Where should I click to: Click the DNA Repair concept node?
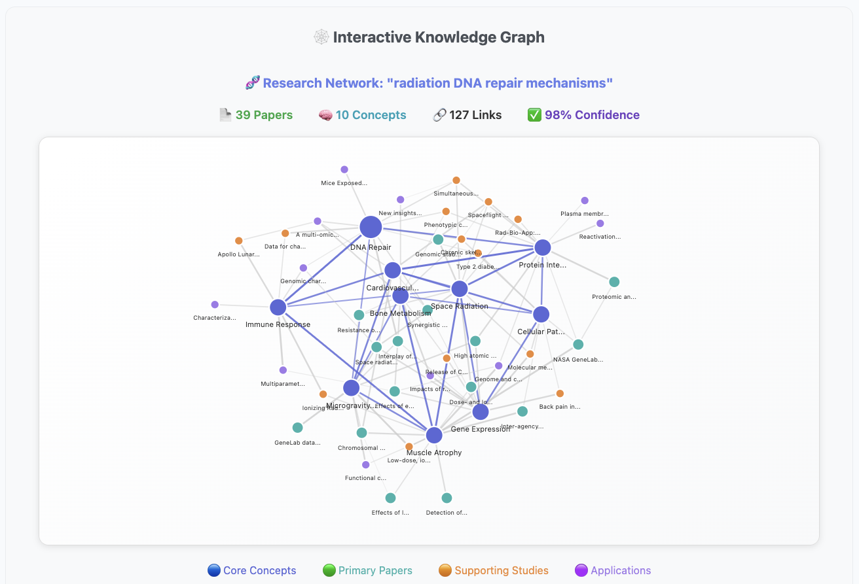point(371,228)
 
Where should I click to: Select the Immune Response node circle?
point(278,307)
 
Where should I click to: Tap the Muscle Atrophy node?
point(434,435)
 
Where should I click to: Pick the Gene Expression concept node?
point(481,412)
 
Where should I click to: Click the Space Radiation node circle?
point(460,289)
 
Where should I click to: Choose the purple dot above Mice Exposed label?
point(344,169)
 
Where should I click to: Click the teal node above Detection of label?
point(447,498)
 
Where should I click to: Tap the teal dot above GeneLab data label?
point(298,428)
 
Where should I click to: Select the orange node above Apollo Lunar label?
point(239,241)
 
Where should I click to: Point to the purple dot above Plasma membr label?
point(585,201)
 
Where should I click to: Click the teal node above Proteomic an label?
point(614,282)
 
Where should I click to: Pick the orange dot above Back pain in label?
point(560,393)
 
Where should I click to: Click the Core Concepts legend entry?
point(252,570)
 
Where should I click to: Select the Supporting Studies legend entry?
point(494,570)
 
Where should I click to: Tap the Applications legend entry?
point(613,570)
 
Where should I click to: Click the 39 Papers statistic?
point(256,115)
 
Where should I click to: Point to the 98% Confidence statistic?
point(583,115)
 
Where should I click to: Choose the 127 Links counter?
point(467,115)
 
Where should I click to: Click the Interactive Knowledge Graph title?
point(430,37)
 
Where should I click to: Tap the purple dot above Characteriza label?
point(215,305)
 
